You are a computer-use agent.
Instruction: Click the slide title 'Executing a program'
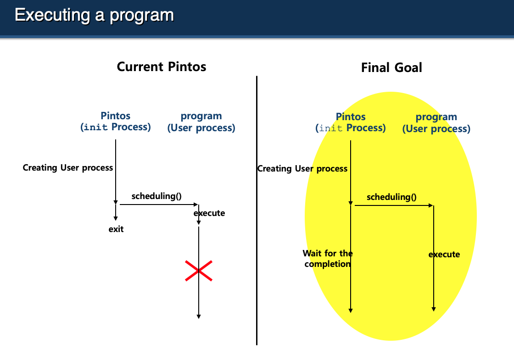[95, 15]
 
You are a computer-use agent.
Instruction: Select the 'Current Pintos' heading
[162, 67]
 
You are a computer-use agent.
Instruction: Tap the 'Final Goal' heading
[391, 68]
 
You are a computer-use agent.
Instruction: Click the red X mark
[199, 271]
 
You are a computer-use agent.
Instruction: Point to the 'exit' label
[116, 229]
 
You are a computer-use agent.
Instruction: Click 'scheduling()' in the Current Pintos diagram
[156, 196]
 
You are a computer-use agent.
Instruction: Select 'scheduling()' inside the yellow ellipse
[391, 197]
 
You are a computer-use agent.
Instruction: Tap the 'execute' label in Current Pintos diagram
[209, 213]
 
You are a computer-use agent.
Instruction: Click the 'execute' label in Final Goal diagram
[444, 254]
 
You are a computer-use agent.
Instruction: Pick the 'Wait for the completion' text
[328, 259]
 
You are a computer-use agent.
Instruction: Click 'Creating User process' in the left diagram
[68, 167]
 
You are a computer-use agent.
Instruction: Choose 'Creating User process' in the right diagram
[302, 168]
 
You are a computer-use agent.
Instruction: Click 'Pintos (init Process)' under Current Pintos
[116, 122]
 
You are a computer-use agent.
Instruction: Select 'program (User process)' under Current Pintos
[201, 122]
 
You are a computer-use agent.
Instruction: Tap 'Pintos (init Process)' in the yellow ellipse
[351, 122]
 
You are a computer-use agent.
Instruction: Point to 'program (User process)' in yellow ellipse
[436, 123]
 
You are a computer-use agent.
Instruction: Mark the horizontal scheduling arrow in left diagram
[158, 205]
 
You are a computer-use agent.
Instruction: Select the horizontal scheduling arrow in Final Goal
[393, 205]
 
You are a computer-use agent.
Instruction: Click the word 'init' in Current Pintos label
[96, 127]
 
